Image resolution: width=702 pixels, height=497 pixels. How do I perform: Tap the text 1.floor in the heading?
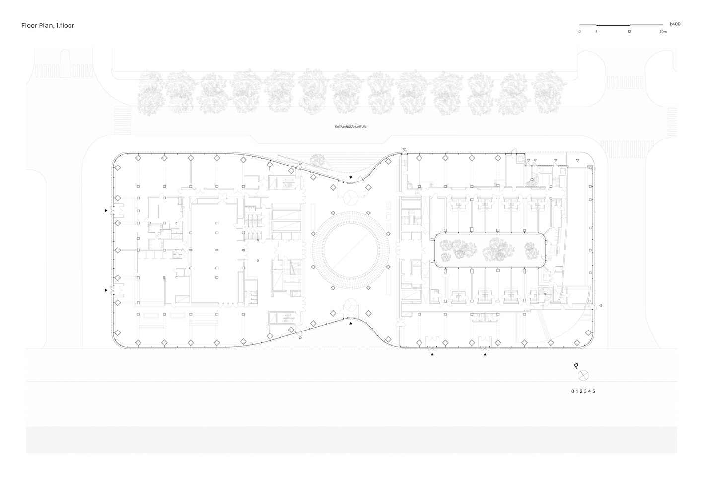point(65,25)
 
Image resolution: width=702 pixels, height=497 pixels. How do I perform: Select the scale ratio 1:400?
point(675,24)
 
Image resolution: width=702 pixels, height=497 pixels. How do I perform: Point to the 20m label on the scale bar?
point(663,32)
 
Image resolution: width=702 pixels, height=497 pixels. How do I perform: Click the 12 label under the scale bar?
point(629,32)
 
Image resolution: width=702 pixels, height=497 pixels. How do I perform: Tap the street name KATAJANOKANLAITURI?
point(351,127)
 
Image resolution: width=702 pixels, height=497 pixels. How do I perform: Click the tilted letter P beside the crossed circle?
point(576,366)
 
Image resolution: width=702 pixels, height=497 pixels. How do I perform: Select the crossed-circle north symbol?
point(583,375)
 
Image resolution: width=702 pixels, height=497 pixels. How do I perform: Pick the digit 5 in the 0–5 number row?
point(594,391)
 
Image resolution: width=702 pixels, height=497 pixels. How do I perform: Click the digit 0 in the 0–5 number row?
point(573,391)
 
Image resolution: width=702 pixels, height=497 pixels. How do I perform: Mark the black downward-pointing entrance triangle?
point(351,178)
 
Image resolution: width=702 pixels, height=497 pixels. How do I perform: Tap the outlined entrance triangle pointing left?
point(600,305)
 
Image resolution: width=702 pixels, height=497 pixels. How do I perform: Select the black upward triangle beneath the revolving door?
point(351,323)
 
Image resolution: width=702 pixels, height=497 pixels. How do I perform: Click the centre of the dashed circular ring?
point(351,250)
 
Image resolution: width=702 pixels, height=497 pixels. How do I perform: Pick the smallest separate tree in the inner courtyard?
point(532,250)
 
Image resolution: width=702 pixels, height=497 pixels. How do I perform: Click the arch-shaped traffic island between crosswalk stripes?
point(65,64)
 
